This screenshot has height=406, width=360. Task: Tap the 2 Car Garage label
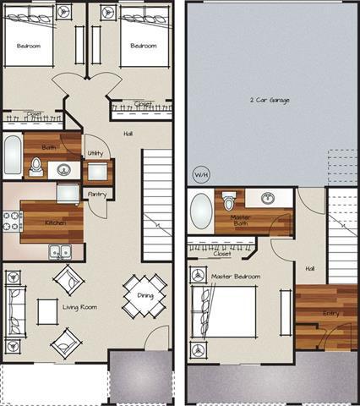tap(269, 100)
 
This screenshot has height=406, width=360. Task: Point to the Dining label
tap(145, 295)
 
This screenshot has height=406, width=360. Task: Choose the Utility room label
tap(95, 153)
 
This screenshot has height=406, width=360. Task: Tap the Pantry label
tap(96, 194)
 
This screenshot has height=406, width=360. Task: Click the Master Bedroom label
tap(236, 277)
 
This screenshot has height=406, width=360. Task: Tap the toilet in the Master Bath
tap(228, 201)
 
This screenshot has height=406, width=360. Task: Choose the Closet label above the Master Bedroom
tap(223, 253)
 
